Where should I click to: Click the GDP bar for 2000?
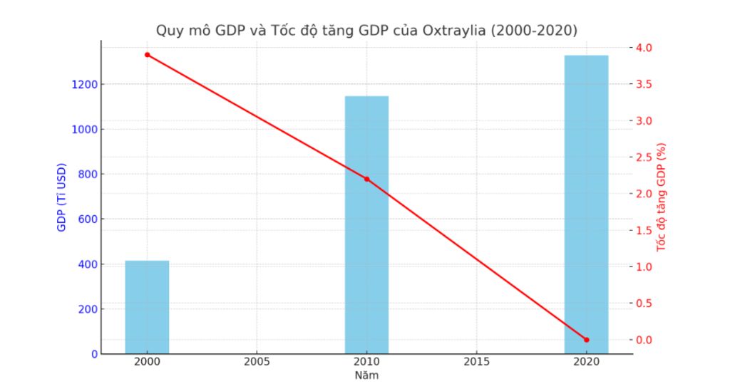[x=147, y=307]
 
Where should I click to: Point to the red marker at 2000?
[x=147, y=55]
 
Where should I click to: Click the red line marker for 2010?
[x=366, y=179]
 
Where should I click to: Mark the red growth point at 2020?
[x=586, y=340]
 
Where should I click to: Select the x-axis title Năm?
[x=366, y=375]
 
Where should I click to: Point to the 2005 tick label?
[x=257, y=362]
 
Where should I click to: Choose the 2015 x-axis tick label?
[x=476, y=362]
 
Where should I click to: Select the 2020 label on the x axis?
[x=586, y=362]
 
